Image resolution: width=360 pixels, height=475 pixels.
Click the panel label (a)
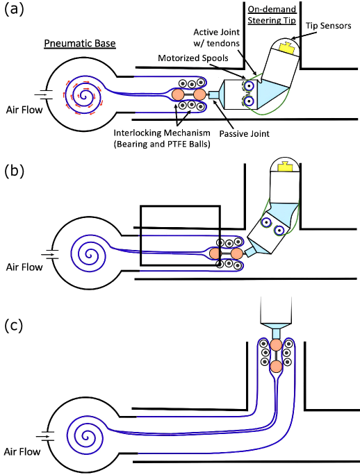pyautogui.click(x=14, y=10)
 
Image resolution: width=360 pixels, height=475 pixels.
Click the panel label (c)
pyautogui.click(x=14, y=326)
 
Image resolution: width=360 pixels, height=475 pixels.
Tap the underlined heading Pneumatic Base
pyautogui.click(x=80, y=43)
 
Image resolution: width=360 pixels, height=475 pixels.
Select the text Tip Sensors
pyautogui.click(x=329, y=26)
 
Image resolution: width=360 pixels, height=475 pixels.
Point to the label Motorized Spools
pyautogui.click(x=193, y=58)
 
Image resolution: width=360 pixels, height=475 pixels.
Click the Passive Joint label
pyautogui.click(x=244, y=133)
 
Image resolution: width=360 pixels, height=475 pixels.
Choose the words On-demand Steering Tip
pyautogui.click(x=272, y=15)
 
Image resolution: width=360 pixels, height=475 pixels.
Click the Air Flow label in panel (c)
pyautogui.click(x=22, y=451)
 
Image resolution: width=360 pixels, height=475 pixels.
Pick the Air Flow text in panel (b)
pyautogui.click(x=24, y=267)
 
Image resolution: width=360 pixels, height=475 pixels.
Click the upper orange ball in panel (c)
pyautogui.click(x=276, y=345)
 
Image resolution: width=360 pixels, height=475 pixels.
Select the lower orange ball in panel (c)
pyautogui.click(x=276, y=366)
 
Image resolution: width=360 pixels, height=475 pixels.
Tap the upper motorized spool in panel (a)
pyautogui.click(x=249, y=86)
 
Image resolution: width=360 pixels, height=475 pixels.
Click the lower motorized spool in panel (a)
pyautogui.click(x=249, y=101)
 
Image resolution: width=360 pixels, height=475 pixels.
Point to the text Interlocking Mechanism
pyautogui.click(x=162, y=133)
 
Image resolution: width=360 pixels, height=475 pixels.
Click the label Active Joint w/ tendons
pyautogui.click(x=217, y=37)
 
